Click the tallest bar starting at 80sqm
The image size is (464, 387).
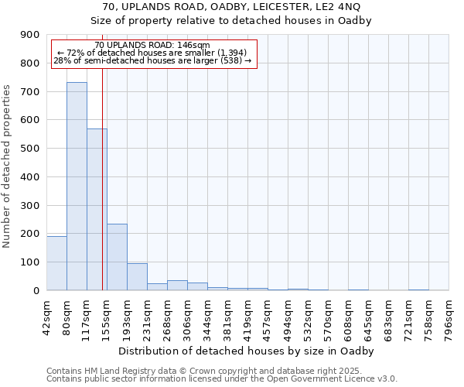tap(77, 186)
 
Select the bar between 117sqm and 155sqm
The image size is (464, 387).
tap(97, 209)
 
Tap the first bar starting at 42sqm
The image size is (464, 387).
tap(56, 263)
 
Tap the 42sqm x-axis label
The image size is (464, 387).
tap(46, 314)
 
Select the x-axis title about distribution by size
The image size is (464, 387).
tap(247, 351)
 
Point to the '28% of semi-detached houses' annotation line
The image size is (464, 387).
tap(152, 60)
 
